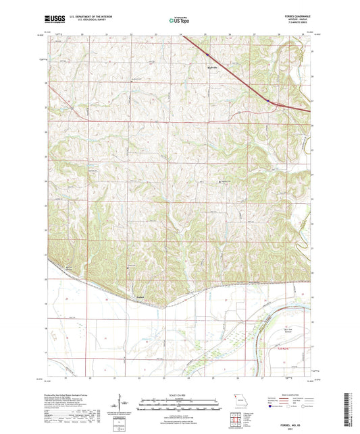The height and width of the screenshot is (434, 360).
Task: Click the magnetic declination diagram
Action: pyautogui.click(x=120, y=404)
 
